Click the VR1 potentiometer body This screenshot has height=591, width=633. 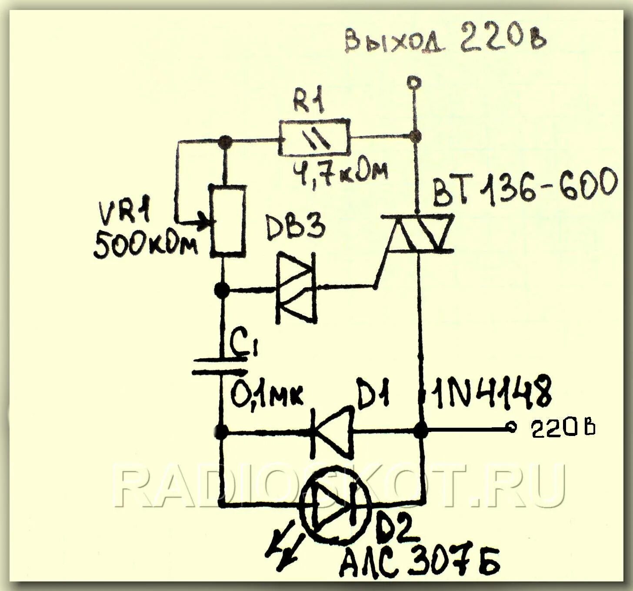[x=227, y=220]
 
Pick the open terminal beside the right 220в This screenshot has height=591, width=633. [x=512, y=428]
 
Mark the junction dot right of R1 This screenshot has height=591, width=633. [x=416, y=136]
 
